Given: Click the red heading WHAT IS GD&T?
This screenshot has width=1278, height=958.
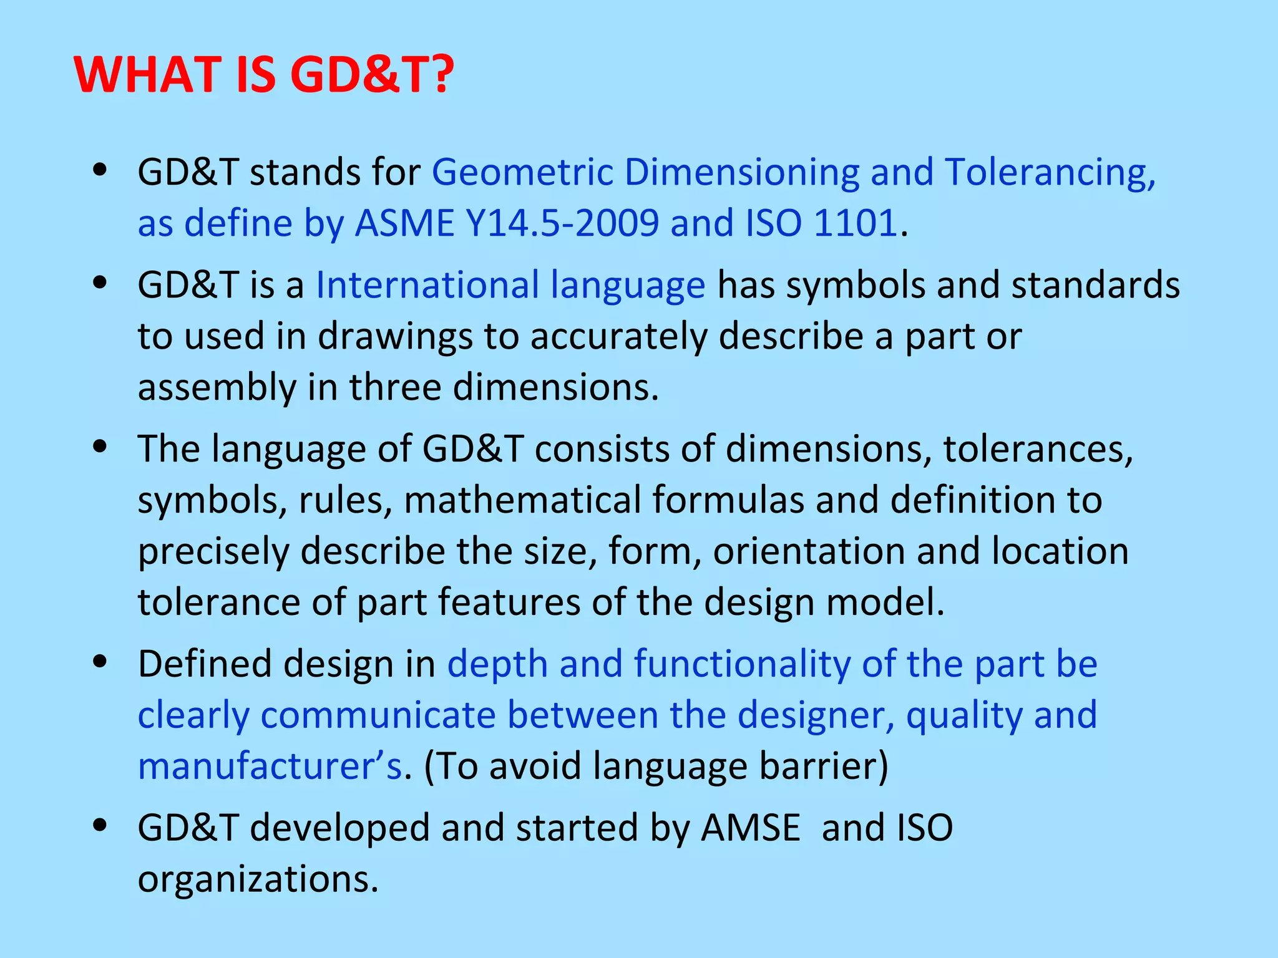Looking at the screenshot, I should point(264,75).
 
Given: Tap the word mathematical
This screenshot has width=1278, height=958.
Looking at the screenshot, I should point(522,500).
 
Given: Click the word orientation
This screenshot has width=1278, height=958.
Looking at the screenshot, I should point(809,551).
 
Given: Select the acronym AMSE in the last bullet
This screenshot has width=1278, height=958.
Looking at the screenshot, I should point(750,828).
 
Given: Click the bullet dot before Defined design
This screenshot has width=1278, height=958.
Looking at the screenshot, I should point(100,662).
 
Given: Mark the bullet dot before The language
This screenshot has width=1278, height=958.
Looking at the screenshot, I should point(100,448).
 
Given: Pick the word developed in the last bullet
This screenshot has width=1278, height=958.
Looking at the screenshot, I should point(339,828).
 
